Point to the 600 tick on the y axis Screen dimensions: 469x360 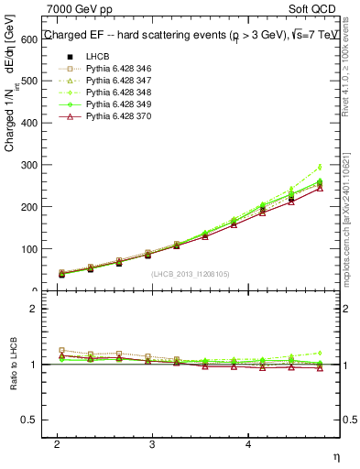[x=34, y=38]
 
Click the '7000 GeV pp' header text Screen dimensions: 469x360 [x=79, y=9]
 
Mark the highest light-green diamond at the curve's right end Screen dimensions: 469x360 [x=320, y=167]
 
